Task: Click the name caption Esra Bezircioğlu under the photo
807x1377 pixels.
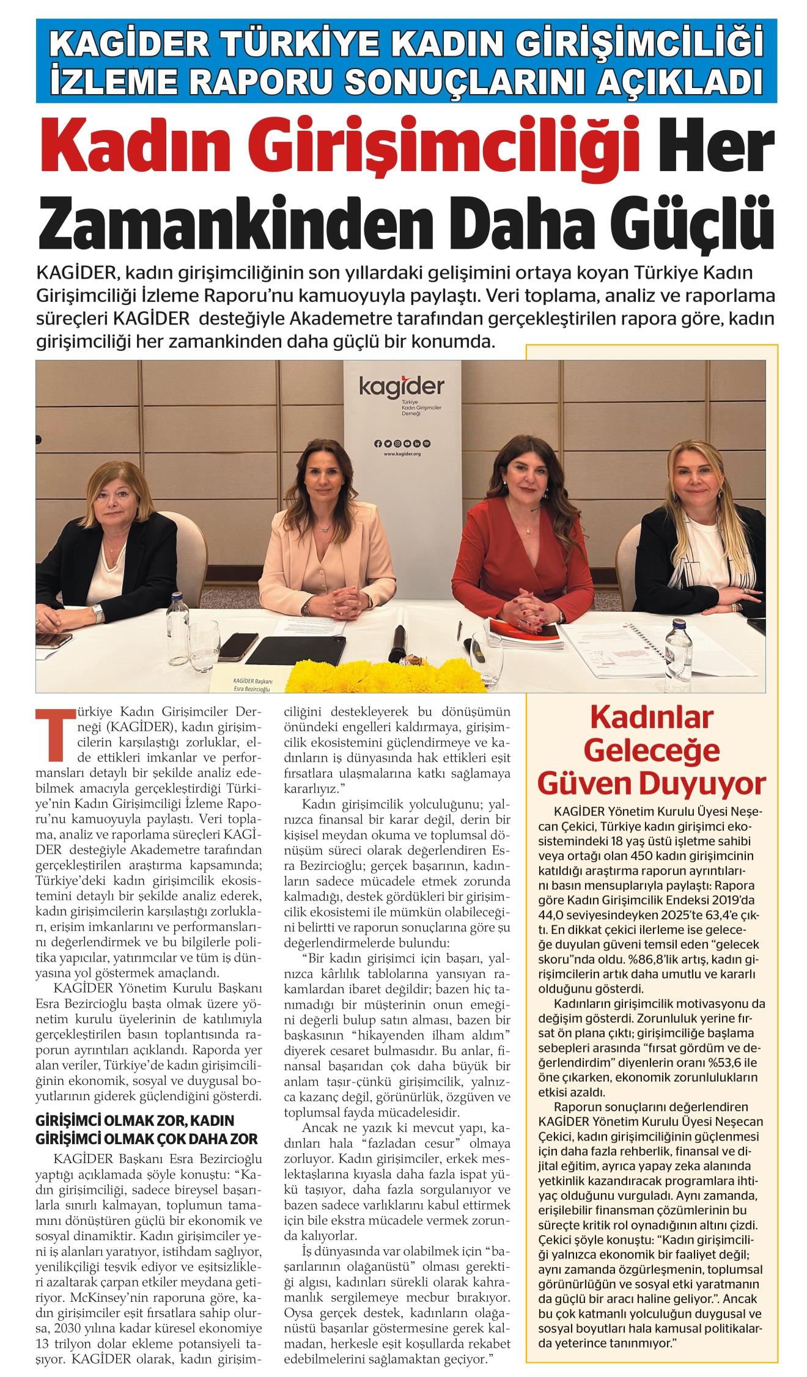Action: pos(252,688)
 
